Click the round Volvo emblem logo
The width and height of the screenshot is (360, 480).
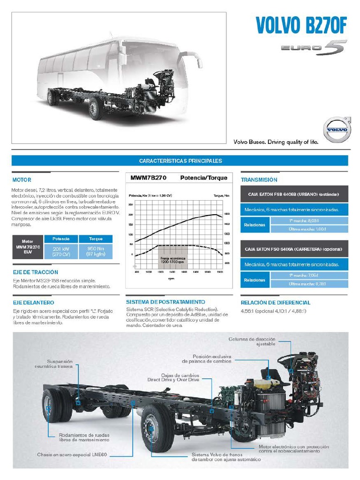click(x=337, y=129)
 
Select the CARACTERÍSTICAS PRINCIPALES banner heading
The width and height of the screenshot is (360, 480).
click(x=180, y=161)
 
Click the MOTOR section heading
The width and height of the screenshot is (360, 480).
click(x=22, y=180)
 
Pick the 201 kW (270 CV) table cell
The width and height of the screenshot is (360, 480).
click(x=61, y=251)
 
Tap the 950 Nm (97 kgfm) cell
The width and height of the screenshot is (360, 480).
click(x=95, y=251)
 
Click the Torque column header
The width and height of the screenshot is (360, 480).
click(x=95, y=239)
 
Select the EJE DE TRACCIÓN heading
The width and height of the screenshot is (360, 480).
click(x=36, y=272)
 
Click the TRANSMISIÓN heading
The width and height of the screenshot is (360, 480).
click(x=259, y=180)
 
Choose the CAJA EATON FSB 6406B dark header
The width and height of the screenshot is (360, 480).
click(x=294, y=194)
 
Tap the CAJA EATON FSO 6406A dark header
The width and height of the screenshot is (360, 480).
click(x=294, y=249)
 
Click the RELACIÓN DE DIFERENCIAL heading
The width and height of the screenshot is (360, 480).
click(x=276, y=303)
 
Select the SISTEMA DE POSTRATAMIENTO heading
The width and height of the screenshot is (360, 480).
click(x=165, y=302)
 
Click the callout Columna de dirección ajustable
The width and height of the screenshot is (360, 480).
click(x=252, y=342)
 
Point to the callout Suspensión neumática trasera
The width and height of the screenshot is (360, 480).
click(x=60, y=364)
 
